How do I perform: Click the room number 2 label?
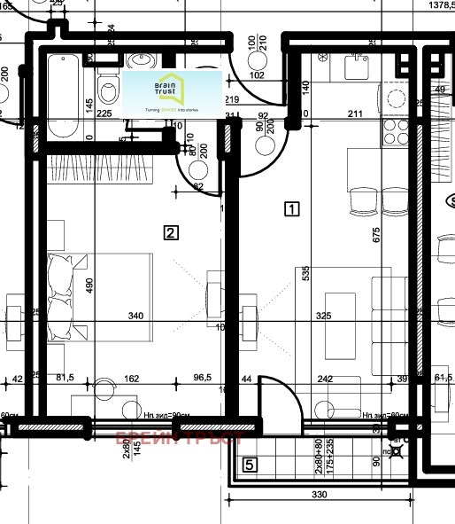[172, 233]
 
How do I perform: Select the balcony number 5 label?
[251, 464]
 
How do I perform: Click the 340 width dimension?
[135, 316]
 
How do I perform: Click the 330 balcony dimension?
[321, 495]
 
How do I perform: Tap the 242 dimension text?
[325, 379]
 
